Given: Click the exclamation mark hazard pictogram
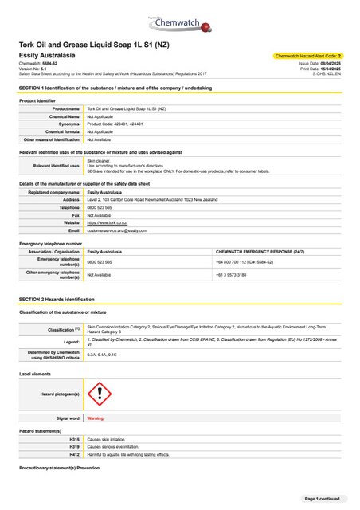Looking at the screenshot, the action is coord(96,394).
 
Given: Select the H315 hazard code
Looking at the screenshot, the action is coord(75,439).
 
